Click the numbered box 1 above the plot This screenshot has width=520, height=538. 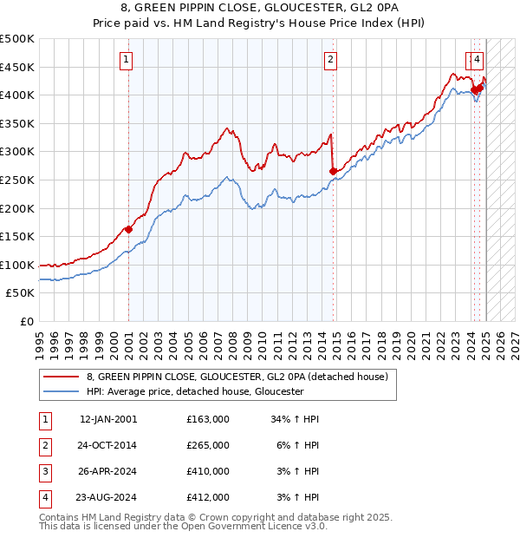(127, 60)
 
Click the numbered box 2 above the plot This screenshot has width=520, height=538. (331, 60)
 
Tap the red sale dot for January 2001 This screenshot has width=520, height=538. (128, 229)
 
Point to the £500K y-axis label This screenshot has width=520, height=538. (17, 39)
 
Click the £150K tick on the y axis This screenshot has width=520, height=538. (17, 236)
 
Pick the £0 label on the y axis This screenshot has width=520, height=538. (26, 321)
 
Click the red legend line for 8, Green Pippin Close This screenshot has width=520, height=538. (61, 377)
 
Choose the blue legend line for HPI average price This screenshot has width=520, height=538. (61, 391)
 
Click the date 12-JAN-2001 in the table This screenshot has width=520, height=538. (108, 419)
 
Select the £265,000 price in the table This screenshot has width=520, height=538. (208, 445)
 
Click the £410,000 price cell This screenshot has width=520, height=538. (208, 471)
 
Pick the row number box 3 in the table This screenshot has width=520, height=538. (44, 471)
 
